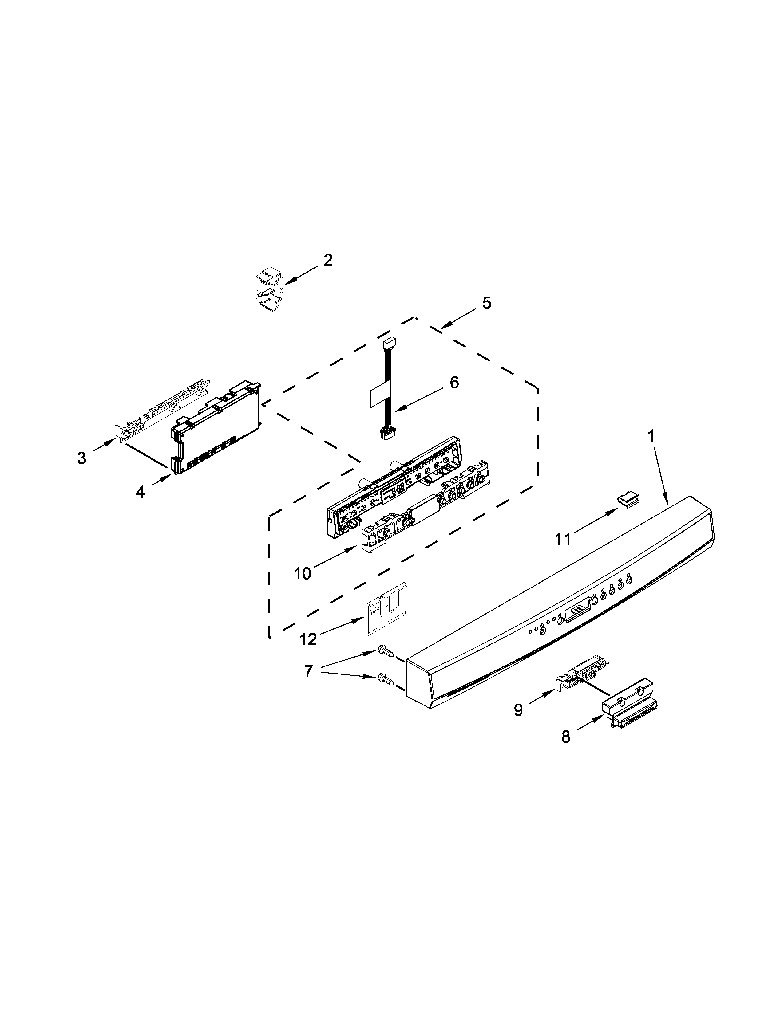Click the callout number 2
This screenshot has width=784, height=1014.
(328, 261)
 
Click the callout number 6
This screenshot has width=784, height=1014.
(454, 383)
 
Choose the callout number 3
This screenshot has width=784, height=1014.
(82, 458)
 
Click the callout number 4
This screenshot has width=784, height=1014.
(140, 492)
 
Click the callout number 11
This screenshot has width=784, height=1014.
(563, 539)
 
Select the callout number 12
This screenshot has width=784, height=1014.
(308, 639)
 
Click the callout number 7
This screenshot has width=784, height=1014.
(308, 671)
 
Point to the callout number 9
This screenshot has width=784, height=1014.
(518, 709)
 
